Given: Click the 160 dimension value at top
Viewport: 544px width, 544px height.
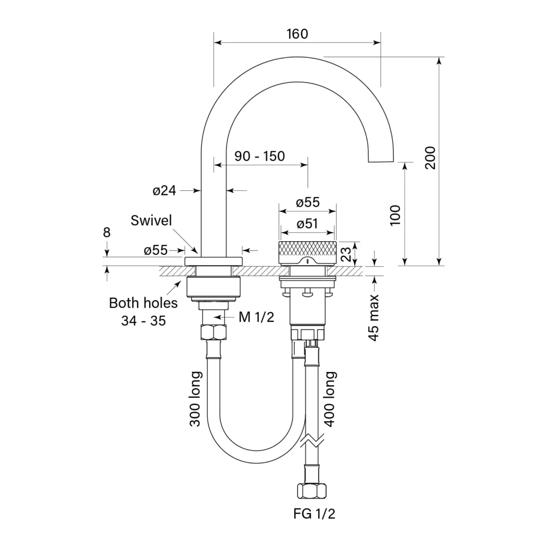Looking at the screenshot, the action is (x=297, y=34).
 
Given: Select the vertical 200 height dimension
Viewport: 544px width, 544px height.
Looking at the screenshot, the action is (x=430, y=158).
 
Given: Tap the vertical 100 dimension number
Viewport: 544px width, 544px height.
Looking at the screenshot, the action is (x=395, y=215).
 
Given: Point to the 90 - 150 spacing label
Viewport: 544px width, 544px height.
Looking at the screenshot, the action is (x=259, y=156).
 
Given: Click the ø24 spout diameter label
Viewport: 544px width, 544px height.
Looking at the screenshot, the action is (x=164, y=191).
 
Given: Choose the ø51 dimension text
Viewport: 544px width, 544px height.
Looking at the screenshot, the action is (x=308, y=224).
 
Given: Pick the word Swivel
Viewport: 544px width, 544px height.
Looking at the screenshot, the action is (x=151, y=220).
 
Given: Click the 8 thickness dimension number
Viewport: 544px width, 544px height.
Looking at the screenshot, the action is (x=106, y=232).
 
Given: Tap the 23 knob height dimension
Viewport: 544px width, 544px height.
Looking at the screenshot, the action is (x=346, y=254).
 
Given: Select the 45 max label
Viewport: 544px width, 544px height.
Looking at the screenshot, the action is (x=373, y=318).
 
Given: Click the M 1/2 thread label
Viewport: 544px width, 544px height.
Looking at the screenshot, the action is (x=257, y=317).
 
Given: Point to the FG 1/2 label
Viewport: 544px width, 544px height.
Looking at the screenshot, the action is (x=314, y=514).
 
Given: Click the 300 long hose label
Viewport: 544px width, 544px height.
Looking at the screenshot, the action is (x=195, y=399).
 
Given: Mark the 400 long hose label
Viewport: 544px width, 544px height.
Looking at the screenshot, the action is (x=329, y=399).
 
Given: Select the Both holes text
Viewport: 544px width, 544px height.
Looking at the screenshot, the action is (x=143, y=303).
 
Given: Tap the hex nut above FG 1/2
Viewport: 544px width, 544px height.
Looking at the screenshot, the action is (x=312, y=490).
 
